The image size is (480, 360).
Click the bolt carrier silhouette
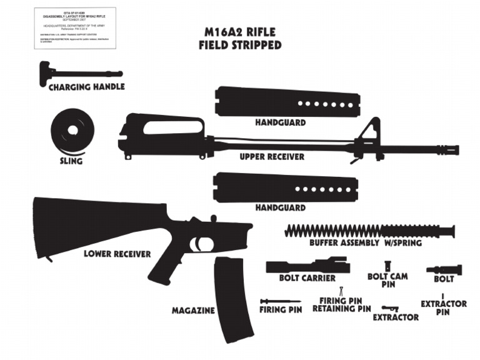point(306,266)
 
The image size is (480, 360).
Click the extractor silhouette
point(391,308)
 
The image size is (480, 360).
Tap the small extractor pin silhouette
point(442,295)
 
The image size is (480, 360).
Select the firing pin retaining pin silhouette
point(341,291)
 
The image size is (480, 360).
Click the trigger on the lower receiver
point(201,242)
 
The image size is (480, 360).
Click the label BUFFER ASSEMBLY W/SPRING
point(365,242)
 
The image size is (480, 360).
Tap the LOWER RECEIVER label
point(117,254)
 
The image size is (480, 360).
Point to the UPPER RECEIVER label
point(272,157)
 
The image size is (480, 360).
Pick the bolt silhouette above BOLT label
point(444,270)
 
